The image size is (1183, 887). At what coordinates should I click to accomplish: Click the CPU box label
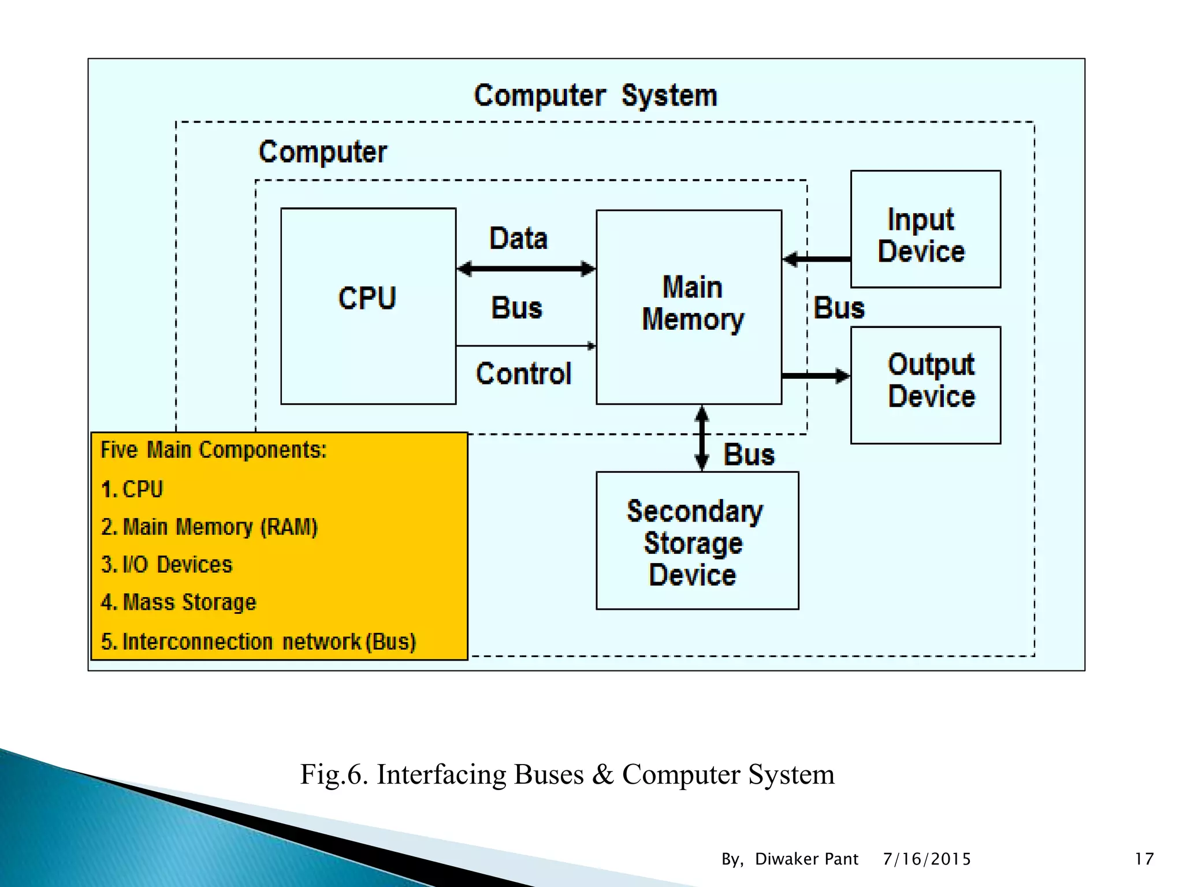pos(367,299)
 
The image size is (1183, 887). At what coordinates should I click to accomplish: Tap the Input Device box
pos(925,229)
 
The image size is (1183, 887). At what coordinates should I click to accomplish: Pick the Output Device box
pos(925,385)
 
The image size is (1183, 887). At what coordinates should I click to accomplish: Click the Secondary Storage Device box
pos(697,541)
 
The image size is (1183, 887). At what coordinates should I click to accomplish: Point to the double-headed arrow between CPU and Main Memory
pos(526,269)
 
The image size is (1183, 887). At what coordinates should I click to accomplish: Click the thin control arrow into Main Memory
pos(526,346)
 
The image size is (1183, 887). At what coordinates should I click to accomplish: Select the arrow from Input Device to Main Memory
pos(816,259)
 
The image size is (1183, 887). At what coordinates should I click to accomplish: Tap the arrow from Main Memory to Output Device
pos(816,376)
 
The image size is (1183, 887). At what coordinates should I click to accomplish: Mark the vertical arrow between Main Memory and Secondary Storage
pos(702,438)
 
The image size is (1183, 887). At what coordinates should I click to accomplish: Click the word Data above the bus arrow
pos(518,238)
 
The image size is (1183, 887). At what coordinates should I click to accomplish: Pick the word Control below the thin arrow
pos(523,374)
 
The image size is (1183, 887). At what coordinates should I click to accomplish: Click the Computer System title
pos(595,96)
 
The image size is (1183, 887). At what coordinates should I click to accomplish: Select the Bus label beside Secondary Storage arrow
pos(749,454)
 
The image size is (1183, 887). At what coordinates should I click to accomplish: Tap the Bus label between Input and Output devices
pos(839,308)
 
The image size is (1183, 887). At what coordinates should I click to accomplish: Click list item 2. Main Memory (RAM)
pos(209,527)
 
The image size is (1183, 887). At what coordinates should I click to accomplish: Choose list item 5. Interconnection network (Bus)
pos(258,642)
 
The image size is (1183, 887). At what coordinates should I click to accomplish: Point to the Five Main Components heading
pos(214,450)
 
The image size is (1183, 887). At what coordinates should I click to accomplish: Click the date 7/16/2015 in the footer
pos(927,859)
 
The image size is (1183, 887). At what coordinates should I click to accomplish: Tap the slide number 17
pos(1144,859)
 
